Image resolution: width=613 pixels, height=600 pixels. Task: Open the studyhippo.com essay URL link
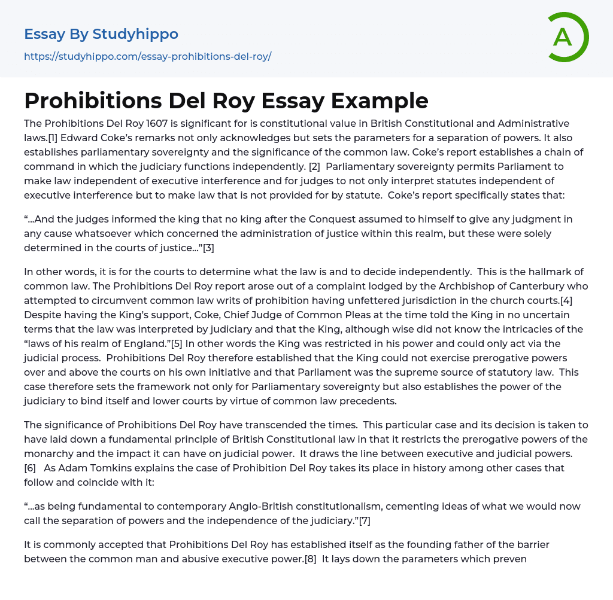click(x=148, y=56)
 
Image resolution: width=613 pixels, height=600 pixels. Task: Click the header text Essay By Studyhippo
click(x=101, y=34)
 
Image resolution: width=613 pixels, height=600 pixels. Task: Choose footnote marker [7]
click(x=364, y=520)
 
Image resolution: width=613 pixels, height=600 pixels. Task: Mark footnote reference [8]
click(x=311, y=559)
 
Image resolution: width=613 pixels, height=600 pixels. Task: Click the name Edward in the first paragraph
click(x=90, y=138)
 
